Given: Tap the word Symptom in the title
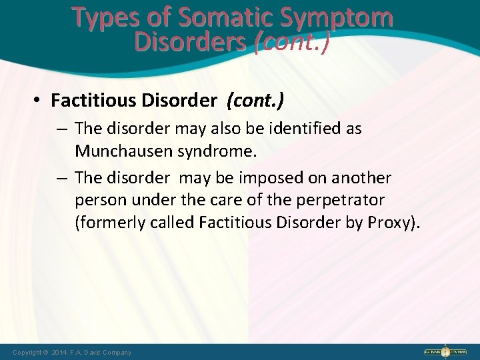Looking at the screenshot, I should click(341, 18).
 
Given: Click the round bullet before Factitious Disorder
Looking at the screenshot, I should click(37, 101).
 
